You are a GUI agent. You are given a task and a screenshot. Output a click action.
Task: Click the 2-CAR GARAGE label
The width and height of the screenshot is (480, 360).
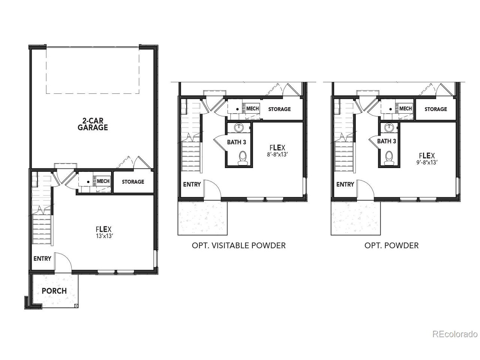click(93, 124)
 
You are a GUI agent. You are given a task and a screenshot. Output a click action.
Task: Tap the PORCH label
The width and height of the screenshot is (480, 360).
click(54, 291)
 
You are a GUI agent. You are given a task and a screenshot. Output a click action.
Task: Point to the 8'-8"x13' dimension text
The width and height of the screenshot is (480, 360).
click(277, 154)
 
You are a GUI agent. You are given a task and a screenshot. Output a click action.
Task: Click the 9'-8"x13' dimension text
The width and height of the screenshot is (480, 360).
click(427, 162)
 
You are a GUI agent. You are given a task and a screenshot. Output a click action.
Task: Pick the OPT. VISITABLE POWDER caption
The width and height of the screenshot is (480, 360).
click(238, 246)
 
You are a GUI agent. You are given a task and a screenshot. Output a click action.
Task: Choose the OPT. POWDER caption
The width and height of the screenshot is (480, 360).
click(391, 246)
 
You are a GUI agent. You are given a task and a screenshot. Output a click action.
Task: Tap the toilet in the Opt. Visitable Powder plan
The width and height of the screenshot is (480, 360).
click(243, 158)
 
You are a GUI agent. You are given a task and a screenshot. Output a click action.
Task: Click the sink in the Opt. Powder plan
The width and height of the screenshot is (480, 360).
click(389, 127)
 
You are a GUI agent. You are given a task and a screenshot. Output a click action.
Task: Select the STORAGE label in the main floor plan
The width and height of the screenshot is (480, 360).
click(133, 181)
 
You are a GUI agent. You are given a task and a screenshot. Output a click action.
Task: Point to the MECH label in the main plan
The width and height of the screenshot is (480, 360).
click(103, 181)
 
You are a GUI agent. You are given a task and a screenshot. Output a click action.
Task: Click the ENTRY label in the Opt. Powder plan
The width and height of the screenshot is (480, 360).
click(345, 184)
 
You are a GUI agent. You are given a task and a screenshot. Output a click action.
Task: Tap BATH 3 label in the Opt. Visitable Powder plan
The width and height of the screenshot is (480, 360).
click(237, 142)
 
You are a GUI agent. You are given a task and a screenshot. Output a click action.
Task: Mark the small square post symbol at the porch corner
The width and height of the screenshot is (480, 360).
click(76, 306)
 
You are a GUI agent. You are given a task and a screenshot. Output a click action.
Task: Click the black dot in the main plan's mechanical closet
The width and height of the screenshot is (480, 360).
click(88, 181)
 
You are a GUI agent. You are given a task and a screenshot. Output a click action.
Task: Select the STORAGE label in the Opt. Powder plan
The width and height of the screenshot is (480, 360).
click(436, 109)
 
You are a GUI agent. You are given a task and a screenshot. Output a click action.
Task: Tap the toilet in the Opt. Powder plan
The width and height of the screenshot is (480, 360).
click(389, 158)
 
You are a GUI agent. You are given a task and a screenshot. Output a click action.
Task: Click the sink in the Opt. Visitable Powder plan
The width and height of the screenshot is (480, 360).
click(239, 127)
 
